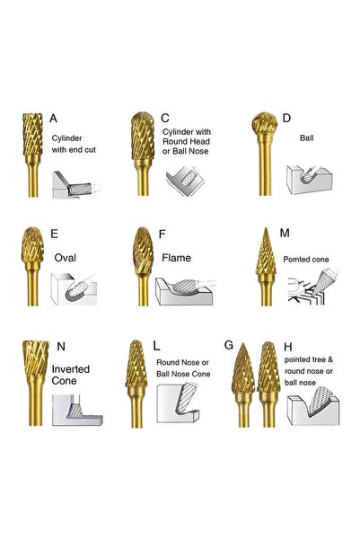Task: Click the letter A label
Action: tap(53, 119)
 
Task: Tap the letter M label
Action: tap(285, 233)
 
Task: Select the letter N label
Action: tap(61, 347)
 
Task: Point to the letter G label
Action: tap(229, 345)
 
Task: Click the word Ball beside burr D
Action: tap(306, 138)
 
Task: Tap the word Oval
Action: tap(65, 258)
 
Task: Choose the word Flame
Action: tap(176, 258)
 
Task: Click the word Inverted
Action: tap(71, 369)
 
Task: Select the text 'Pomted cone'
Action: tap(306, 260)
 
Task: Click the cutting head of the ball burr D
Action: tap(264, 123)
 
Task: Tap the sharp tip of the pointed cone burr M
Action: tap(266, 229)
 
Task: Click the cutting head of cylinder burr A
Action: tap(32, 134)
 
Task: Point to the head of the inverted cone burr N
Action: tap(36, 358)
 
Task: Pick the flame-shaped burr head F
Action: tap(143, 251)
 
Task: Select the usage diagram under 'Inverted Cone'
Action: tap(77, 410)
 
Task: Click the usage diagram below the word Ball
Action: tap(309, 179)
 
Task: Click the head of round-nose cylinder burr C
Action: tap(143, 136)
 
